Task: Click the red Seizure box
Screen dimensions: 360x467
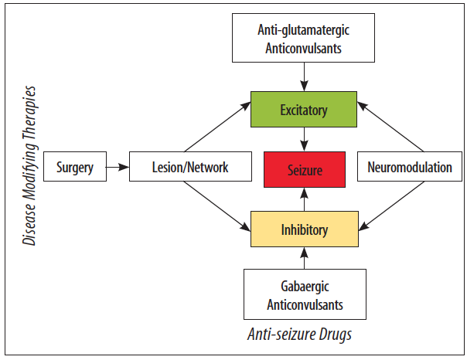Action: (304, 168)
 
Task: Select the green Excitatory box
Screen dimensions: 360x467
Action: (304, 110)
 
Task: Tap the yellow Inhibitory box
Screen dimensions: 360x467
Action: (304, 229)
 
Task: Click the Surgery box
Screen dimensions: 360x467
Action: (74, 167)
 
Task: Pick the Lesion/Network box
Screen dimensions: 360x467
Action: (189, 167)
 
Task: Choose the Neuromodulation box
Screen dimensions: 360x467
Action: (410, 167)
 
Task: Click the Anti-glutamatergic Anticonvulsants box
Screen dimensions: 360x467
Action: (304, 39)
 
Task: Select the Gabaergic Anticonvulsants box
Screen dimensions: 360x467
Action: (304, 295)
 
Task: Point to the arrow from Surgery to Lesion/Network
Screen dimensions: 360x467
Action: (117, 167)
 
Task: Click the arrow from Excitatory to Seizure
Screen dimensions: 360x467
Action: (304, 139)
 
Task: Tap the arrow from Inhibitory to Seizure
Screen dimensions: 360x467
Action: (304, 199)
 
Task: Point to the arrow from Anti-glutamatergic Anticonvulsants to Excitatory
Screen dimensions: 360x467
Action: (304, 77)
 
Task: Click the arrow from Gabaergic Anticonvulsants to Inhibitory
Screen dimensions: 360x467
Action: (304, 257)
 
